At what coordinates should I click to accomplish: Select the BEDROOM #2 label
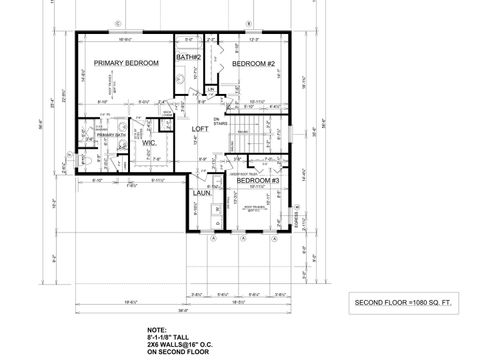tap(253, 64)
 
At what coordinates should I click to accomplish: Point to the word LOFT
tap(199, 129)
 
